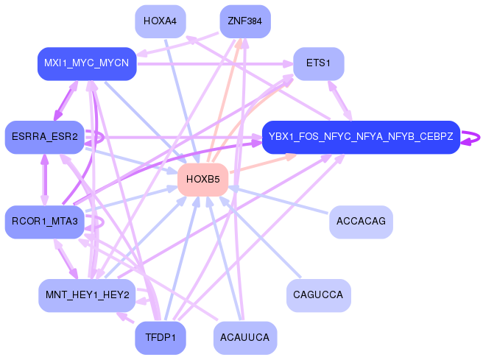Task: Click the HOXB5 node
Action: pos(202,180)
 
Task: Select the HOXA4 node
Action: pos(160,21)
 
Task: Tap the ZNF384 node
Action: pos(245,21)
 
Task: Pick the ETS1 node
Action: pos(318,64)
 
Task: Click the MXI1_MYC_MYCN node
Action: pos(87,64)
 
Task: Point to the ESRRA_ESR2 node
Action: pos(44,137)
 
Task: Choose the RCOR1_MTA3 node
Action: pos(44,222)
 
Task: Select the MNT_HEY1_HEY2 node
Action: pos(87,295)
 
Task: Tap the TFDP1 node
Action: pos(160,338)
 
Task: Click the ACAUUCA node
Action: pos(245,338)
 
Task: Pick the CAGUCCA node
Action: pos(318,295)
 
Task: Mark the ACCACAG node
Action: pos(361,222)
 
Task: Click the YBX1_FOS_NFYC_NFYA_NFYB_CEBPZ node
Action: pos(361,137)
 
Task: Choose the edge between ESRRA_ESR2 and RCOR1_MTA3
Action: pos(45,180)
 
